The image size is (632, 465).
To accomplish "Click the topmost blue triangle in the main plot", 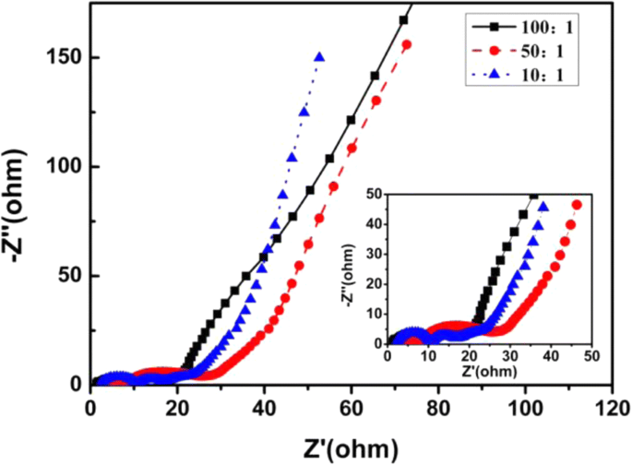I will click(x=319, y=57).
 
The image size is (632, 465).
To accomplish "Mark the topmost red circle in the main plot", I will click(x=407, y=45).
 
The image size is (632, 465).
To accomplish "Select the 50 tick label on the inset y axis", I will click(x=376, y=195).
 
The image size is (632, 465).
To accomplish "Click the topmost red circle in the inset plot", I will click(x=577, y=205).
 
